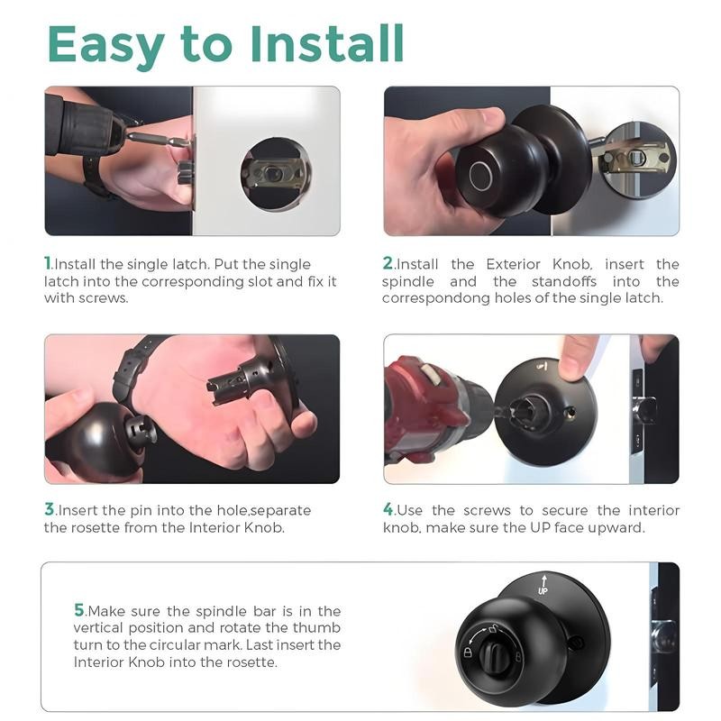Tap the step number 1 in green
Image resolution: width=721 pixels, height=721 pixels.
(x=49, y=263)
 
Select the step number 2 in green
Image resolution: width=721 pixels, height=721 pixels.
(x=388, y=263)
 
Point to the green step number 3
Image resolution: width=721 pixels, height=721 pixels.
(x=50, y=509)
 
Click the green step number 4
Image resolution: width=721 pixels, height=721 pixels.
(x=388, y=509)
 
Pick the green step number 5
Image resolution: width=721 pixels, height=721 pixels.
(x=79, y=610)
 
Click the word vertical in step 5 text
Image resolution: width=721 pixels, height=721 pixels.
(x=100, y=627)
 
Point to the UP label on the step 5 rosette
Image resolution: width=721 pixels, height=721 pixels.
(x=543, y=590)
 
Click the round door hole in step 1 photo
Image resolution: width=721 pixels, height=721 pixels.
(x=275, y=174)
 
